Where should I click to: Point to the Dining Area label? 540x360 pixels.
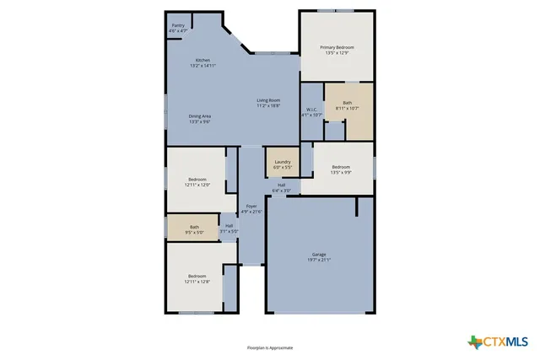click(199, 118)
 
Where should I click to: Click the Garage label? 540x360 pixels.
click(319, 254)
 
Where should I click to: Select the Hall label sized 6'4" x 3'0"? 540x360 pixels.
click(282, 187)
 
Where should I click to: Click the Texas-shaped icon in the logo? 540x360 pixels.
click(474, 341)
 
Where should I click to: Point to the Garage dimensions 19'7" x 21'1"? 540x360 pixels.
click(319, 260)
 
